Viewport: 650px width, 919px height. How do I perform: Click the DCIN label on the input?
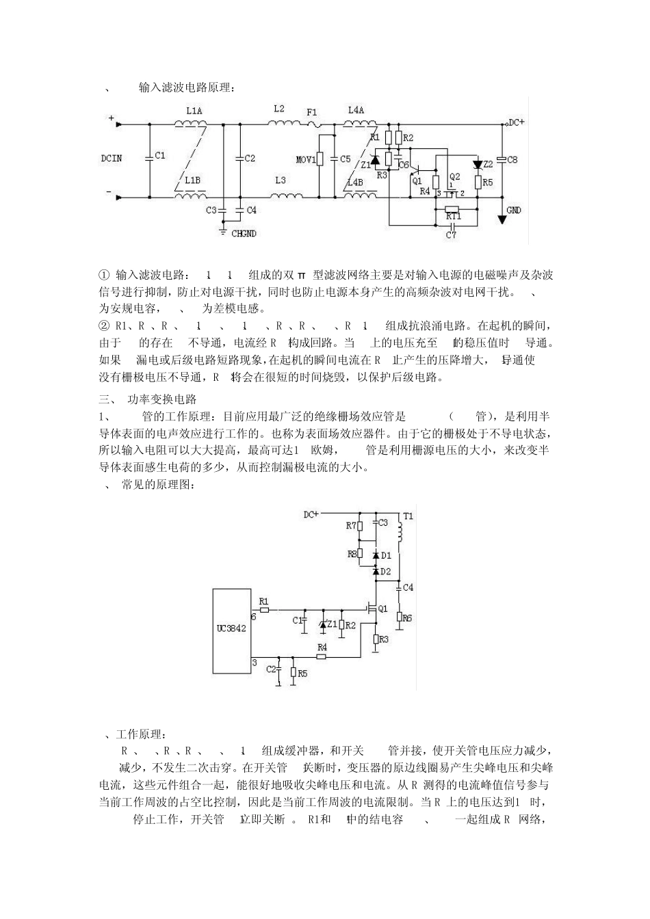click(111, 158)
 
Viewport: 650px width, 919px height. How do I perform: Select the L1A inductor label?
click(194, 111)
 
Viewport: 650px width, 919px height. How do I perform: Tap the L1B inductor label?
click(192, 180)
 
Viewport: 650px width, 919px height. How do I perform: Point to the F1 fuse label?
click(312, 111)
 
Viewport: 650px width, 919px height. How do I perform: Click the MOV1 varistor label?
click(305, 160)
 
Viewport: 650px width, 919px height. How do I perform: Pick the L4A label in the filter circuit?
click(356, 109)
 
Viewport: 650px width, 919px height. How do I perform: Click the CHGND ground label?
click(244, 234)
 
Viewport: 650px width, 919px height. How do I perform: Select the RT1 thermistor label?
click(453, 216)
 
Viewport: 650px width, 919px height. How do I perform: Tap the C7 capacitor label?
click(451, 235)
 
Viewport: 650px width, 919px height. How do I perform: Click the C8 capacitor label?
click(512, 159)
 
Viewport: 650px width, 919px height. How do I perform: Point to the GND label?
click(513, 210)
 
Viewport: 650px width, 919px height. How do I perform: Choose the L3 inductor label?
click(281, 180)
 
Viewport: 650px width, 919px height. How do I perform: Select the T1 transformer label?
click(408, 516)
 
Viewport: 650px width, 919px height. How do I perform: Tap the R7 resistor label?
click(351, 526)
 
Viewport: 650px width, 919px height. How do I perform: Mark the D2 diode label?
click(386, 571)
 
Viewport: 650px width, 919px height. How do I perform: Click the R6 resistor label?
click(407, 617)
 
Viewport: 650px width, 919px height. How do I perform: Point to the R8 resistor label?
click(352, 554)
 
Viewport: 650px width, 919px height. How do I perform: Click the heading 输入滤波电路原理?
click(186, 88)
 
